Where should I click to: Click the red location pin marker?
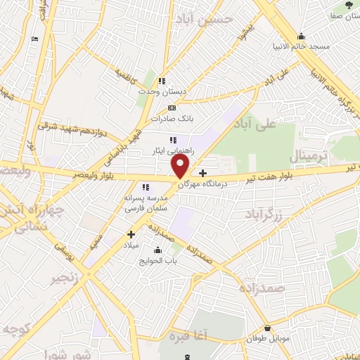(181, 166)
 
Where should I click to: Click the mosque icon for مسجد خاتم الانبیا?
(302, 36)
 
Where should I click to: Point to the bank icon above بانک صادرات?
(172, 108)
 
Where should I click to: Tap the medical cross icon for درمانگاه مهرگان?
(203, 173)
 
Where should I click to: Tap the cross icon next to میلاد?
(131, 234)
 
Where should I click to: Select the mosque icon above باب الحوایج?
(157, 250)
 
